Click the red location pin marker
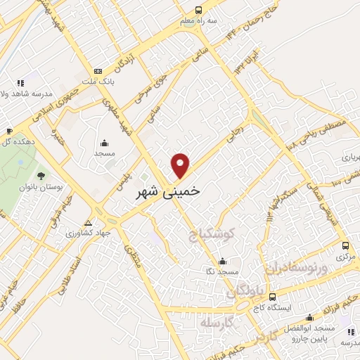(x=181, y=165)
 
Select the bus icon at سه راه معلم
(x=198, y=10)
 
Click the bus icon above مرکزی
(x=345, y=245)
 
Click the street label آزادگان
(x=124, y=65)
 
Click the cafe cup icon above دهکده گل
(x=9, y=131)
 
